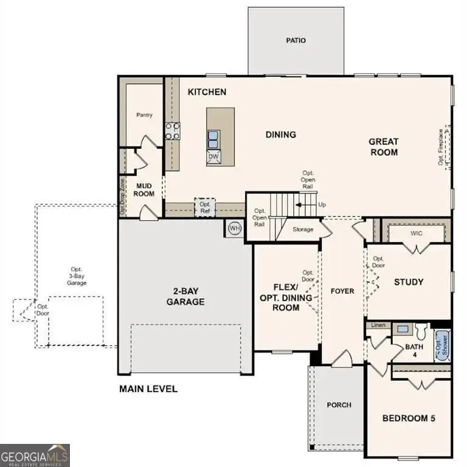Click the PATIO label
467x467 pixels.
pos(296,41)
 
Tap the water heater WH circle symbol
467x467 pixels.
pos(235,228)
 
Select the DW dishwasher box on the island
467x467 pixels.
pos(213,157)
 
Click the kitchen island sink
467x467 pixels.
pos(213,139)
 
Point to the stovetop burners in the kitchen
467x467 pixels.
pos(173,131)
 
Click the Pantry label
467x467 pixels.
pos(144,115)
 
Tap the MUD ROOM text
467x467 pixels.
pos(144,190)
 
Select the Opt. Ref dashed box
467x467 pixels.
pos(205,207)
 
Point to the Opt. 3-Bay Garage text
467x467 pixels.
pos(77,276)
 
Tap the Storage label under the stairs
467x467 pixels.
pos(302,229)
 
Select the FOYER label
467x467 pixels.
pos(342,291)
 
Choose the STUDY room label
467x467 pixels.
pos(409,282)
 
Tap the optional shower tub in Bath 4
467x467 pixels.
pos(441,345)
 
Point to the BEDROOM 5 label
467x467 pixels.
pos(408,418)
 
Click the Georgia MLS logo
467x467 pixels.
pos(35,455)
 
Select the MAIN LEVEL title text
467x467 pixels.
pos(148,389)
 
